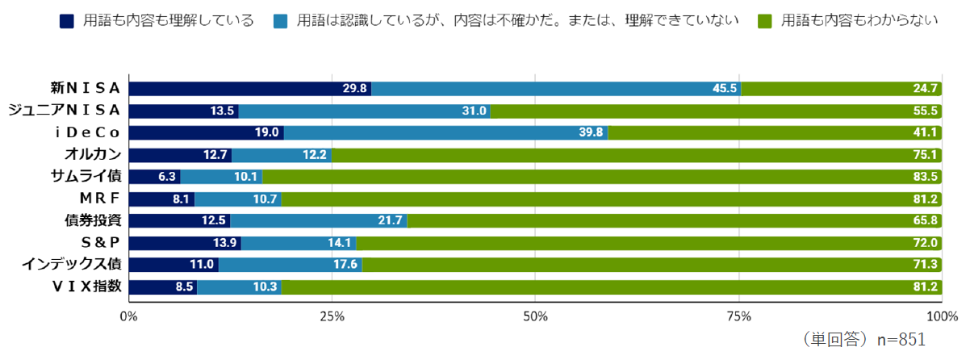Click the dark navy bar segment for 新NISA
pos(250,89)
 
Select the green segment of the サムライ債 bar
pos(601,177)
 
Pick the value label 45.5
pos(725,89)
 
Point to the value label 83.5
pos(923,177)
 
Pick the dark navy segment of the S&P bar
pos(185,242)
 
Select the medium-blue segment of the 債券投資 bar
pos(319,220)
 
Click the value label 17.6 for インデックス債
pos(346,264)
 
